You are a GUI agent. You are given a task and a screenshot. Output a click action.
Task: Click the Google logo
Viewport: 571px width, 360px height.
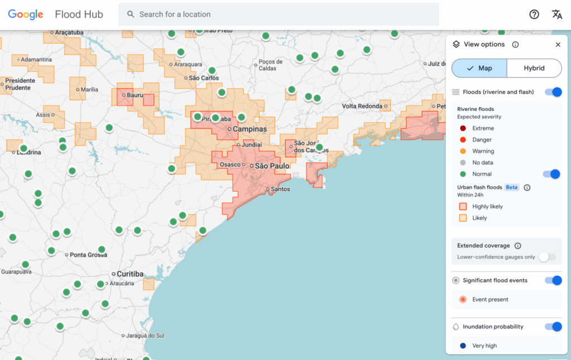pos(26,14)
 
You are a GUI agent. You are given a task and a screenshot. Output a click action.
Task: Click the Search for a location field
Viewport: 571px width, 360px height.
pos(279,14)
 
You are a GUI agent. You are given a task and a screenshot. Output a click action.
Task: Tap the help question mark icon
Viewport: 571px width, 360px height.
pos(534,14)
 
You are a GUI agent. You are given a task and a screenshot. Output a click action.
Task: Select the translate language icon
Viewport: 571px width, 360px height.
pos(557,14)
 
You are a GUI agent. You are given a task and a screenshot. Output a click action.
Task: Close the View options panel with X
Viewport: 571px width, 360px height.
pos(558,45)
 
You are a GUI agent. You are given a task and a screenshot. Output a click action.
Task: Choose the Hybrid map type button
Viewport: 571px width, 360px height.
pos(534,68)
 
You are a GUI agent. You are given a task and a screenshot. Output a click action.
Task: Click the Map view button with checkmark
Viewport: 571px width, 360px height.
pos(480,68)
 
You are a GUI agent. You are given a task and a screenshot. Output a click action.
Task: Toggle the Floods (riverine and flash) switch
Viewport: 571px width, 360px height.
pos(553,92)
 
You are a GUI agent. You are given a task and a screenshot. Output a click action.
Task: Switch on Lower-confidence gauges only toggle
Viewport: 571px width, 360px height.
pos(548,257)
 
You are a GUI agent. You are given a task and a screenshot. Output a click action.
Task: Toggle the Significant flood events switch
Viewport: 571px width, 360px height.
pos(553,280)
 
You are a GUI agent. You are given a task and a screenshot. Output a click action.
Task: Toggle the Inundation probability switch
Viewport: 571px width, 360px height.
pos(553,327)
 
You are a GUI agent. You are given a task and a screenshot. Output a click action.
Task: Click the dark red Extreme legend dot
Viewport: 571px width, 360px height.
pos(463,128)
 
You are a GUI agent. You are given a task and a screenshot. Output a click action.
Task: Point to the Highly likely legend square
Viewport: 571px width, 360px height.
pos(463,206)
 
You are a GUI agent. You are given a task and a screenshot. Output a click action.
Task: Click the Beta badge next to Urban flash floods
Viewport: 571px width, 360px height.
pos(512,187)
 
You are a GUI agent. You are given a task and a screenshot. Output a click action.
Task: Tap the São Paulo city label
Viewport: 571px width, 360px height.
pos(272,166)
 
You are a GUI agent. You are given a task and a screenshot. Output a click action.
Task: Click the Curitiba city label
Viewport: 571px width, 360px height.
pos(130,274)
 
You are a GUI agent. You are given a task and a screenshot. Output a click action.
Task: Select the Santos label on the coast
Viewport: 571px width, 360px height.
pos(280,189)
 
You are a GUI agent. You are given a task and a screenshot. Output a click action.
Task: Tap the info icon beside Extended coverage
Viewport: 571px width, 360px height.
pos(517,246)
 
